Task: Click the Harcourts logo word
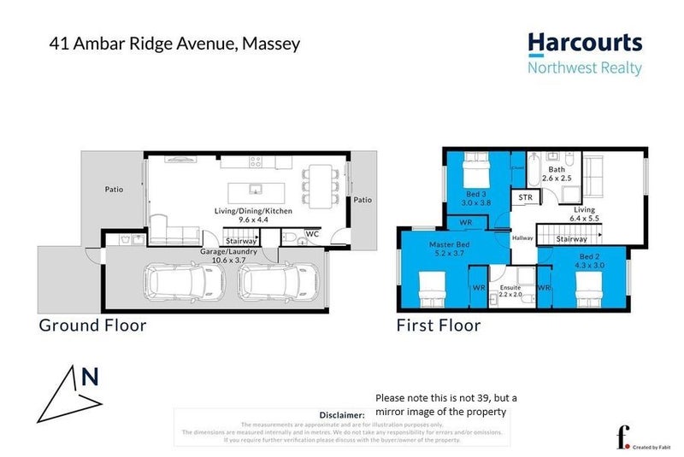584,44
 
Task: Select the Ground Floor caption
92,325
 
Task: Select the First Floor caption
438,325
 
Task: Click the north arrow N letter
89,377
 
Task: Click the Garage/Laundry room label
228,253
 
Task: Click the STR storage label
525,197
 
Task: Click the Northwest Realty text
585,68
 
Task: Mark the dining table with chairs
321,183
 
